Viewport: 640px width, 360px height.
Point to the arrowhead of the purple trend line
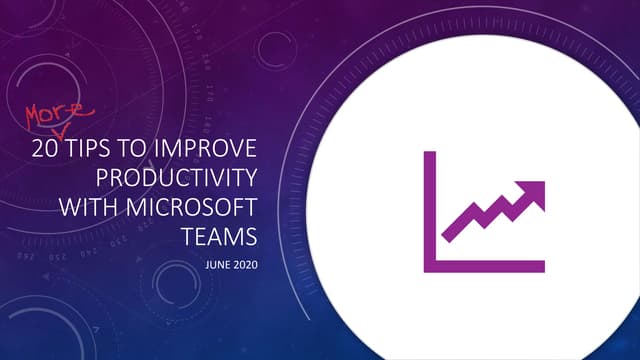point(536,190)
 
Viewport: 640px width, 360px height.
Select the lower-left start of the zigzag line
point(446,238)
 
